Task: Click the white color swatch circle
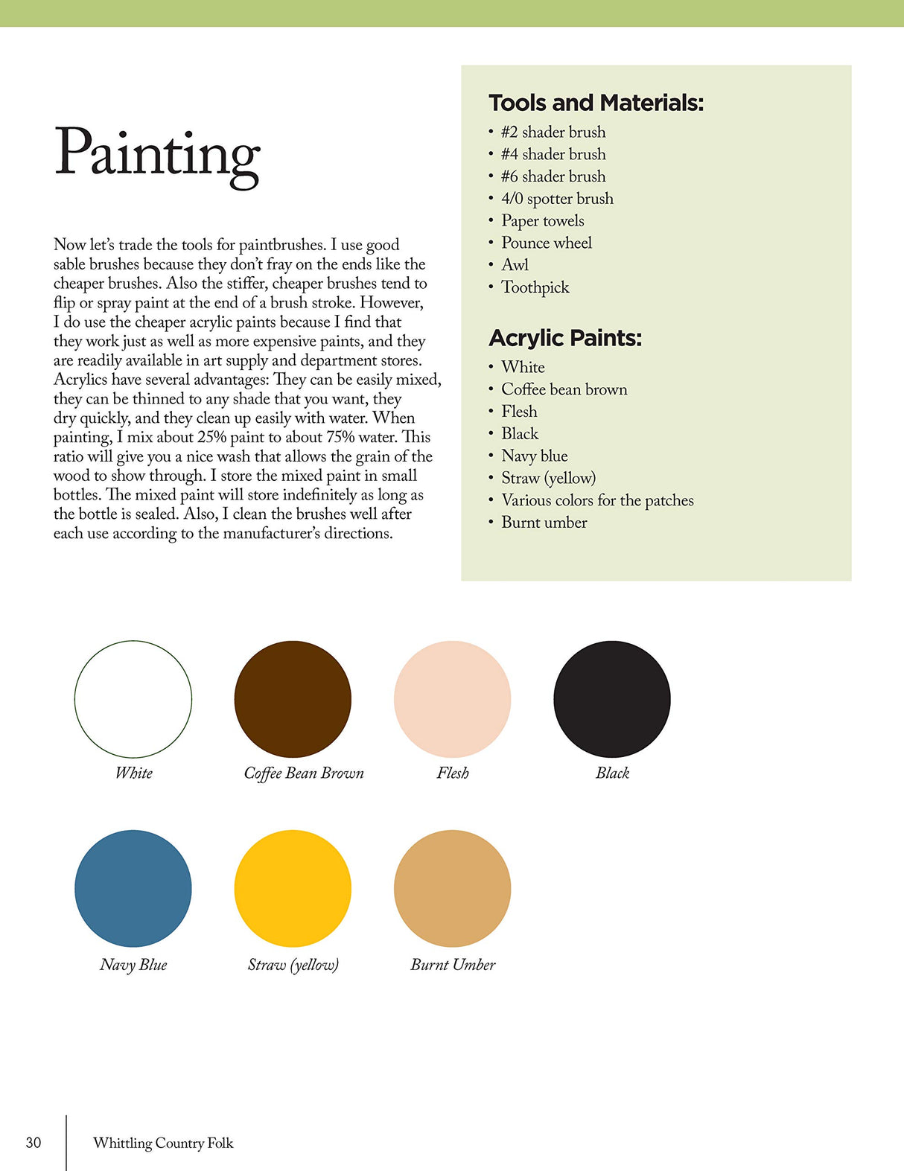133,699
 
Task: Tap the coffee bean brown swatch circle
293,699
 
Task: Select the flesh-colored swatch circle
452,699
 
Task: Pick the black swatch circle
612,699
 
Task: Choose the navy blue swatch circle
133,888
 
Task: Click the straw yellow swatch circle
293,888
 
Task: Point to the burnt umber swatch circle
452,888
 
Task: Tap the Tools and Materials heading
596,103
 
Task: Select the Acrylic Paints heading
565,338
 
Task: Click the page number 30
34,1143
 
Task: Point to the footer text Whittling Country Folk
163,1143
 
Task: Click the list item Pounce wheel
547,243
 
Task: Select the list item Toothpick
535,287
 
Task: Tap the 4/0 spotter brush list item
557,199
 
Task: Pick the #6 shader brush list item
553,176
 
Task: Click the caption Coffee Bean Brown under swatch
304,773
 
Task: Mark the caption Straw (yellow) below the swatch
293,965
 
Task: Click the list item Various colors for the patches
597,500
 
